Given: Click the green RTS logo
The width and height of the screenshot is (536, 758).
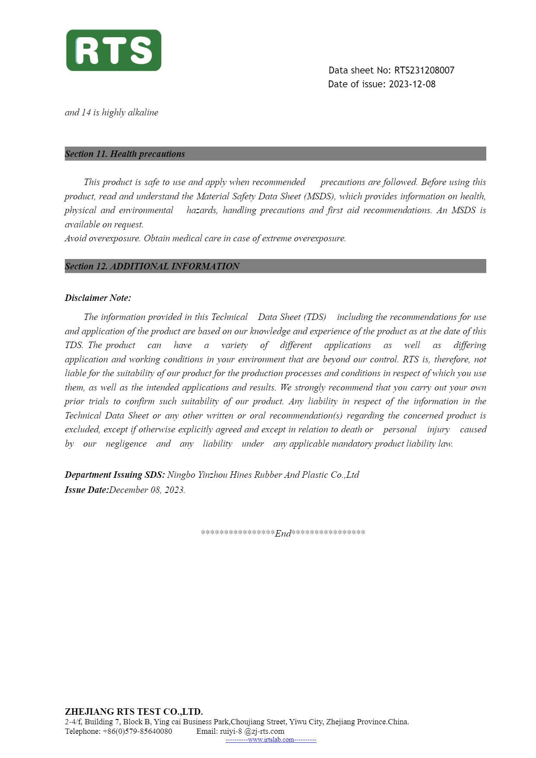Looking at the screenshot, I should click(x=114, y=50).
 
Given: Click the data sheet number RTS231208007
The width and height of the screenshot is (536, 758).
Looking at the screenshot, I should click(x=424, y=70).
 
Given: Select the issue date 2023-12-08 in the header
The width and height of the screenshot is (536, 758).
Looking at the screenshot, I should click(x=412, y=84).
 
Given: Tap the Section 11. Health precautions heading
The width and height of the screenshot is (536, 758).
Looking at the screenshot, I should click(x=125, y=154).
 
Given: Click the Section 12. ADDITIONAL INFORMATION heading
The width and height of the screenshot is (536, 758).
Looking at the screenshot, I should click(x=152, y=266).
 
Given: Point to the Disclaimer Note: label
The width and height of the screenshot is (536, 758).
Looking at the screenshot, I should click(x=98, y=298).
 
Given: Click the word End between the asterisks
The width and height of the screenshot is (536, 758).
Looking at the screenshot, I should click(x=283, y=533).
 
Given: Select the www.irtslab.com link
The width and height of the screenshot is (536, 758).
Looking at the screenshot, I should click(x=271, y=740).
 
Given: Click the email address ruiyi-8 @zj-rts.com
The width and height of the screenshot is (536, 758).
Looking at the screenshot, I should click(x=252, y=731).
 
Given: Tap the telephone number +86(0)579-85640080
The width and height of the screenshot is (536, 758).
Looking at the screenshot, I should click(x=137, y=731).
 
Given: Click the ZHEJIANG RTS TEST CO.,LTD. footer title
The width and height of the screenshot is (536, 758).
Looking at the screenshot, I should click(x=134, y=712).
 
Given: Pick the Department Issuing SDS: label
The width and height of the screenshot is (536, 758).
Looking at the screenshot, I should click(x=115, y=475).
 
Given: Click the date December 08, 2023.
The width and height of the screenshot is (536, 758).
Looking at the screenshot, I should click(x=147, y=490).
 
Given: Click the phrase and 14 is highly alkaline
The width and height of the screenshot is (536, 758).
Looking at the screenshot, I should click(x=112, y=112).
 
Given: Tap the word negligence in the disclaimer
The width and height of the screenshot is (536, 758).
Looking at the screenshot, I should click(x=126, y=444).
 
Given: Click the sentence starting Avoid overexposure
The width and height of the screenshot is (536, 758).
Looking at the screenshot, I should click(x=205, y=238).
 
